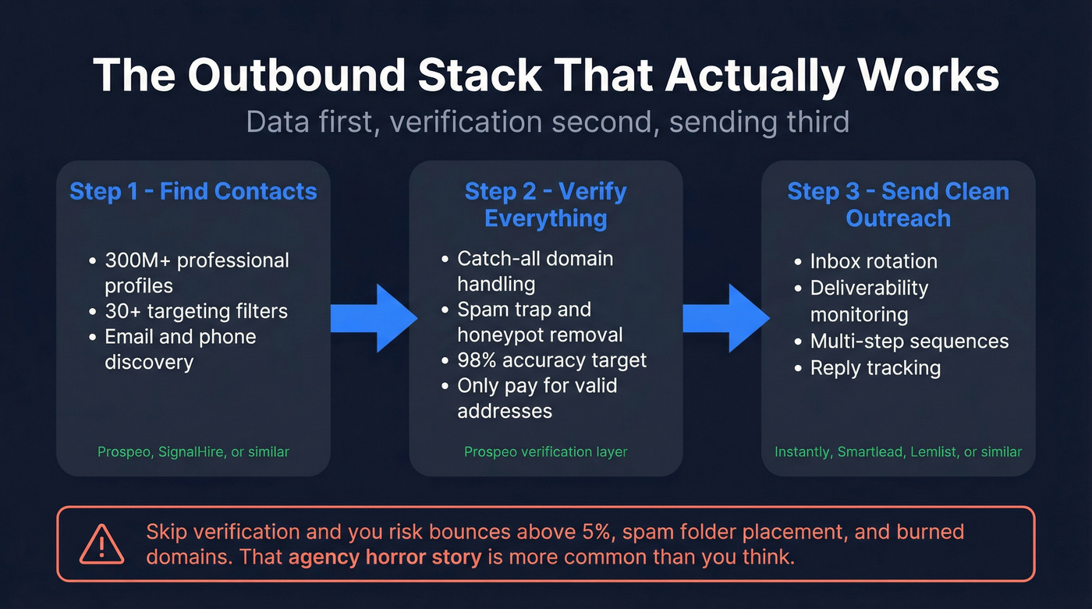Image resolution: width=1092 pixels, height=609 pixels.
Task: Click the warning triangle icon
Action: click(101, 543)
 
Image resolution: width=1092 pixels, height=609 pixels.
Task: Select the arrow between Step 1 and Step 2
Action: click(373, 318)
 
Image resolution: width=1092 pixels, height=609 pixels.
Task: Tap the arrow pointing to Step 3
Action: click(725, 318)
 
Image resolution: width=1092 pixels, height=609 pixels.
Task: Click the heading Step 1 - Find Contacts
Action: click(193, 192)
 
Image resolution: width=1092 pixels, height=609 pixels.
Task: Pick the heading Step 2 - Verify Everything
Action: click(545, 205)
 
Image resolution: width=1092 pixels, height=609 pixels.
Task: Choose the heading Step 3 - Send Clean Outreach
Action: click(898, 205)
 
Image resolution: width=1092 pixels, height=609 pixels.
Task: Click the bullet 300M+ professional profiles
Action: click(197, 273)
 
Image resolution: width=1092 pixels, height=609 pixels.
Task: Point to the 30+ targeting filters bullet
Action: click(196, 311)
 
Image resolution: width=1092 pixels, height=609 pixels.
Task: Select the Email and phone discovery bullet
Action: click(180, 349)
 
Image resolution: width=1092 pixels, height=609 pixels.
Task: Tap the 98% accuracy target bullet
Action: click(551, 360)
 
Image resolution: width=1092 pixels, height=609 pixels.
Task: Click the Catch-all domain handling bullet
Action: click(535, 271)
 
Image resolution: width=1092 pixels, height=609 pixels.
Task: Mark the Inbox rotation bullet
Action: click(874, 261)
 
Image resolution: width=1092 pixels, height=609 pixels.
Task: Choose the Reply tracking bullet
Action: click(875, 368)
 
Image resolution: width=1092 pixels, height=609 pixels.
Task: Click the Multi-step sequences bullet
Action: click(909, 342)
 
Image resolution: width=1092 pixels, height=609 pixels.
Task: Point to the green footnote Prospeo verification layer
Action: click(545, 451)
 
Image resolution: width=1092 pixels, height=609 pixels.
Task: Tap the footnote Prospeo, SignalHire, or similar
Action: click(193, 451)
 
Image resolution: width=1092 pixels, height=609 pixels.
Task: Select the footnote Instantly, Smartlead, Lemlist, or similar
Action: click(898, 451)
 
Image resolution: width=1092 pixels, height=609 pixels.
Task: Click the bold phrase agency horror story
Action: click(385, 558)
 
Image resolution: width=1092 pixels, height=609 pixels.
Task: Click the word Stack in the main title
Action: click(481, 76)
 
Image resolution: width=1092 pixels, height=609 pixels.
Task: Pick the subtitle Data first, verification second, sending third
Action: click(548, 122)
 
